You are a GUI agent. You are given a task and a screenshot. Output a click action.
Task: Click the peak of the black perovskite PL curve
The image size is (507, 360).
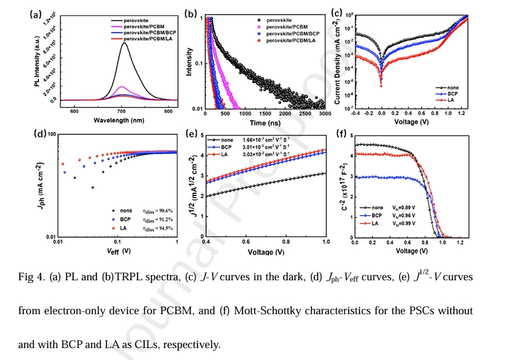click(x=124, y=43)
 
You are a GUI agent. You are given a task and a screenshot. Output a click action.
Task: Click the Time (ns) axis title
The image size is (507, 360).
click(x=263, y=124)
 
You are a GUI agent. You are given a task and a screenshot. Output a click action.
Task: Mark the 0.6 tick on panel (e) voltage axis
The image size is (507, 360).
click(x=245, y=243)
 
